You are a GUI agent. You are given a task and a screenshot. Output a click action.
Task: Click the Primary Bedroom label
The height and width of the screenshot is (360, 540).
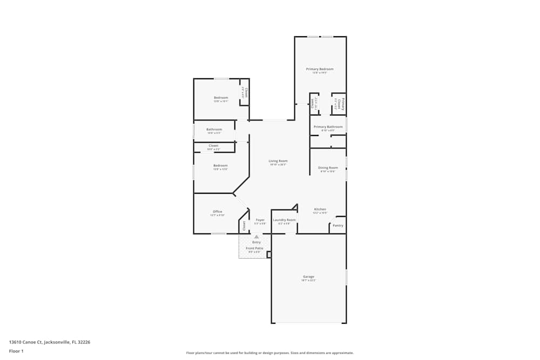tap(320, 69)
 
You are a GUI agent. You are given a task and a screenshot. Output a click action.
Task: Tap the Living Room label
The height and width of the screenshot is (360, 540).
tap(278, 161)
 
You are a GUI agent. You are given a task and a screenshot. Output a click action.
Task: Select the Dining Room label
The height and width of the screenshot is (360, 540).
tap(328, 168)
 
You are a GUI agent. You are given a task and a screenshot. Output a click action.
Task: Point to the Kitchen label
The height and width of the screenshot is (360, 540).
tap(320, 209)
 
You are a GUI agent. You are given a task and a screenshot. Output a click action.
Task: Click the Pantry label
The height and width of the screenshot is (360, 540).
tap(338, 226)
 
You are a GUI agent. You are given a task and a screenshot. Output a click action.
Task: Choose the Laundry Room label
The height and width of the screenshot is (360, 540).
tap(284, 220)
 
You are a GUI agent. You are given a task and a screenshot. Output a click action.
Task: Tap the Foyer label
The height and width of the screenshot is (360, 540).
tap(260, 220)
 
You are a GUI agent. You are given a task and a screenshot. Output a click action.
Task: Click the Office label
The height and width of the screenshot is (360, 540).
tap(217, 212)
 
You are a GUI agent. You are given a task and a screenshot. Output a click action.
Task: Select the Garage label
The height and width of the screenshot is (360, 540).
tap(308, 277)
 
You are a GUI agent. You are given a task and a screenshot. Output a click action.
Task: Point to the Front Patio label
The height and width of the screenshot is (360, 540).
tap(254, 248)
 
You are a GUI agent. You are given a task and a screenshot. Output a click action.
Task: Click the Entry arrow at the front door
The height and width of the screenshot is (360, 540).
tap(256, 236)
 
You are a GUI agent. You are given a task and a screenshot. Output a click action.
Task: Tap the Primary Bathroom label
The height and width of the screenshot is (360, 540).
tap(328, 127)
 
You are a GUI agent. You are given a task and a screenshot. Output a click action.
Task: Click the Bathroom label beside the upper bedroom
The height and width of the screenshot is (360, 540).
tap(214, 130)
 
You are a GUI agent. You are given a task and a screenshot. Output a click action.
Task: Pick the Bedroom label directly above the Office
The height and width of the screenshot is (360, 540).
tap(220, 166)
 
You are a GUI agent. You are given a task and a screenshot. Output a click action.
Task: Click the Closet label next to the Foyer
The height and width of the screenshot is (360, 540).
tap(244, 226)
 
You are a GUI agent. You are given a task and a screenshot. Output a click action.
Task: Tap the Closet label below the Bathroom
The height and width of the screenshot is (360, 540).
tap(213, 146)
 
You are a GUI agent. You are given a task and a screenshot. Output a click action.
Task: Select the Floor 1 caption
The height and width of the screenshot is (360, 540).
tap(16, 351)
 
